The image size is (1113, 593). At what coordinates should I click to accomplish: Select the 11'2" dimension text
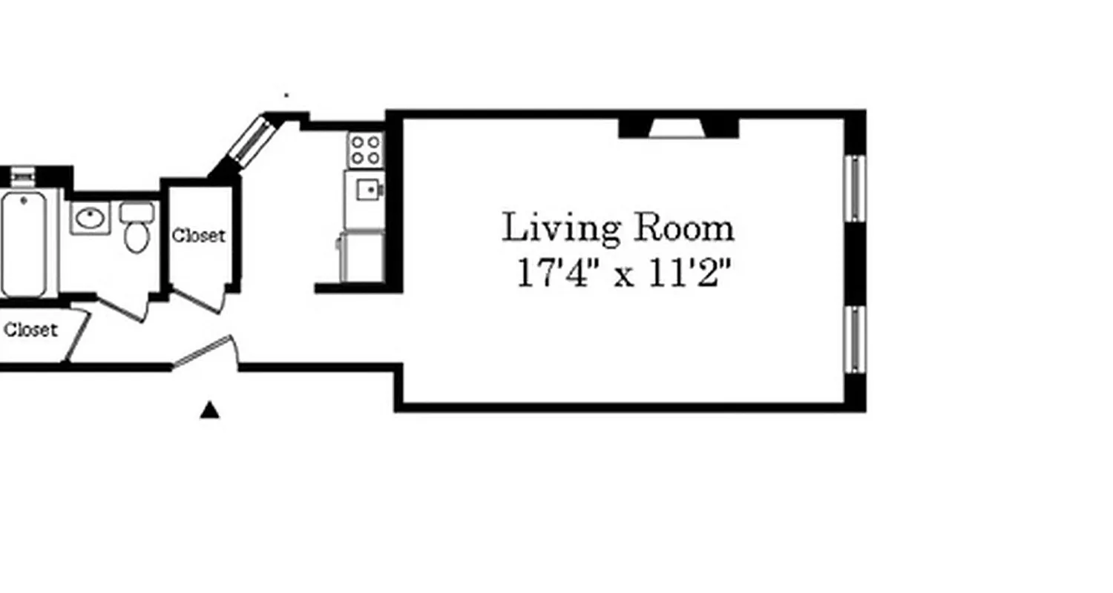click(690, 274)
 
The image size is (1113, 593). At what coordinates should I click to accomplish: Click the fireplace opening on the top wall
click(678, 129)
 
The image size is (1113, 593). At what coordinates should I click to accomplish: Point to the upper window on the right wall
click(855, 188)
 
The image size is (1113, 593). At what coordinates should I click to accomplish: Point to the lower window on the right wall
click(855, 339)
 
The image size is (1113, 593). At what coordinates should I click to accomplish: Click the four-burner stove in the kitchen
click(365, 148)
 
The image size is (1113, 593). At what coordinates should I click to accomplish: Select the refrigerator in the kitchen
click(362, 256)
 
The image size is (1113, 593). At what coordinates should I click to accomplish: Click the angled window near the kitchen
click(251, 139)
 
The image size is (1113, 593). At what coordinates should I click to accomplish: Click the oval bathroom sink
click(91, 218)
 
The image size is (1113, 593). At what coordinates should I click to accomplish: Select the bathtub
click(24, 243)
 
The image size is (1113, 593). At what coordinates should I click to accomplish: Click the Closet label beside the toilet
click(199, 236)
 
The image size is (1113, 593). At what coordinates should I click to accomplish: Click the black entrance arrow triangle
click(210, 410)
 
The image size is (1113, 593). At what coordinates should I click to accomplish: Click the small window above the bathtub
click(22, 176)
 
